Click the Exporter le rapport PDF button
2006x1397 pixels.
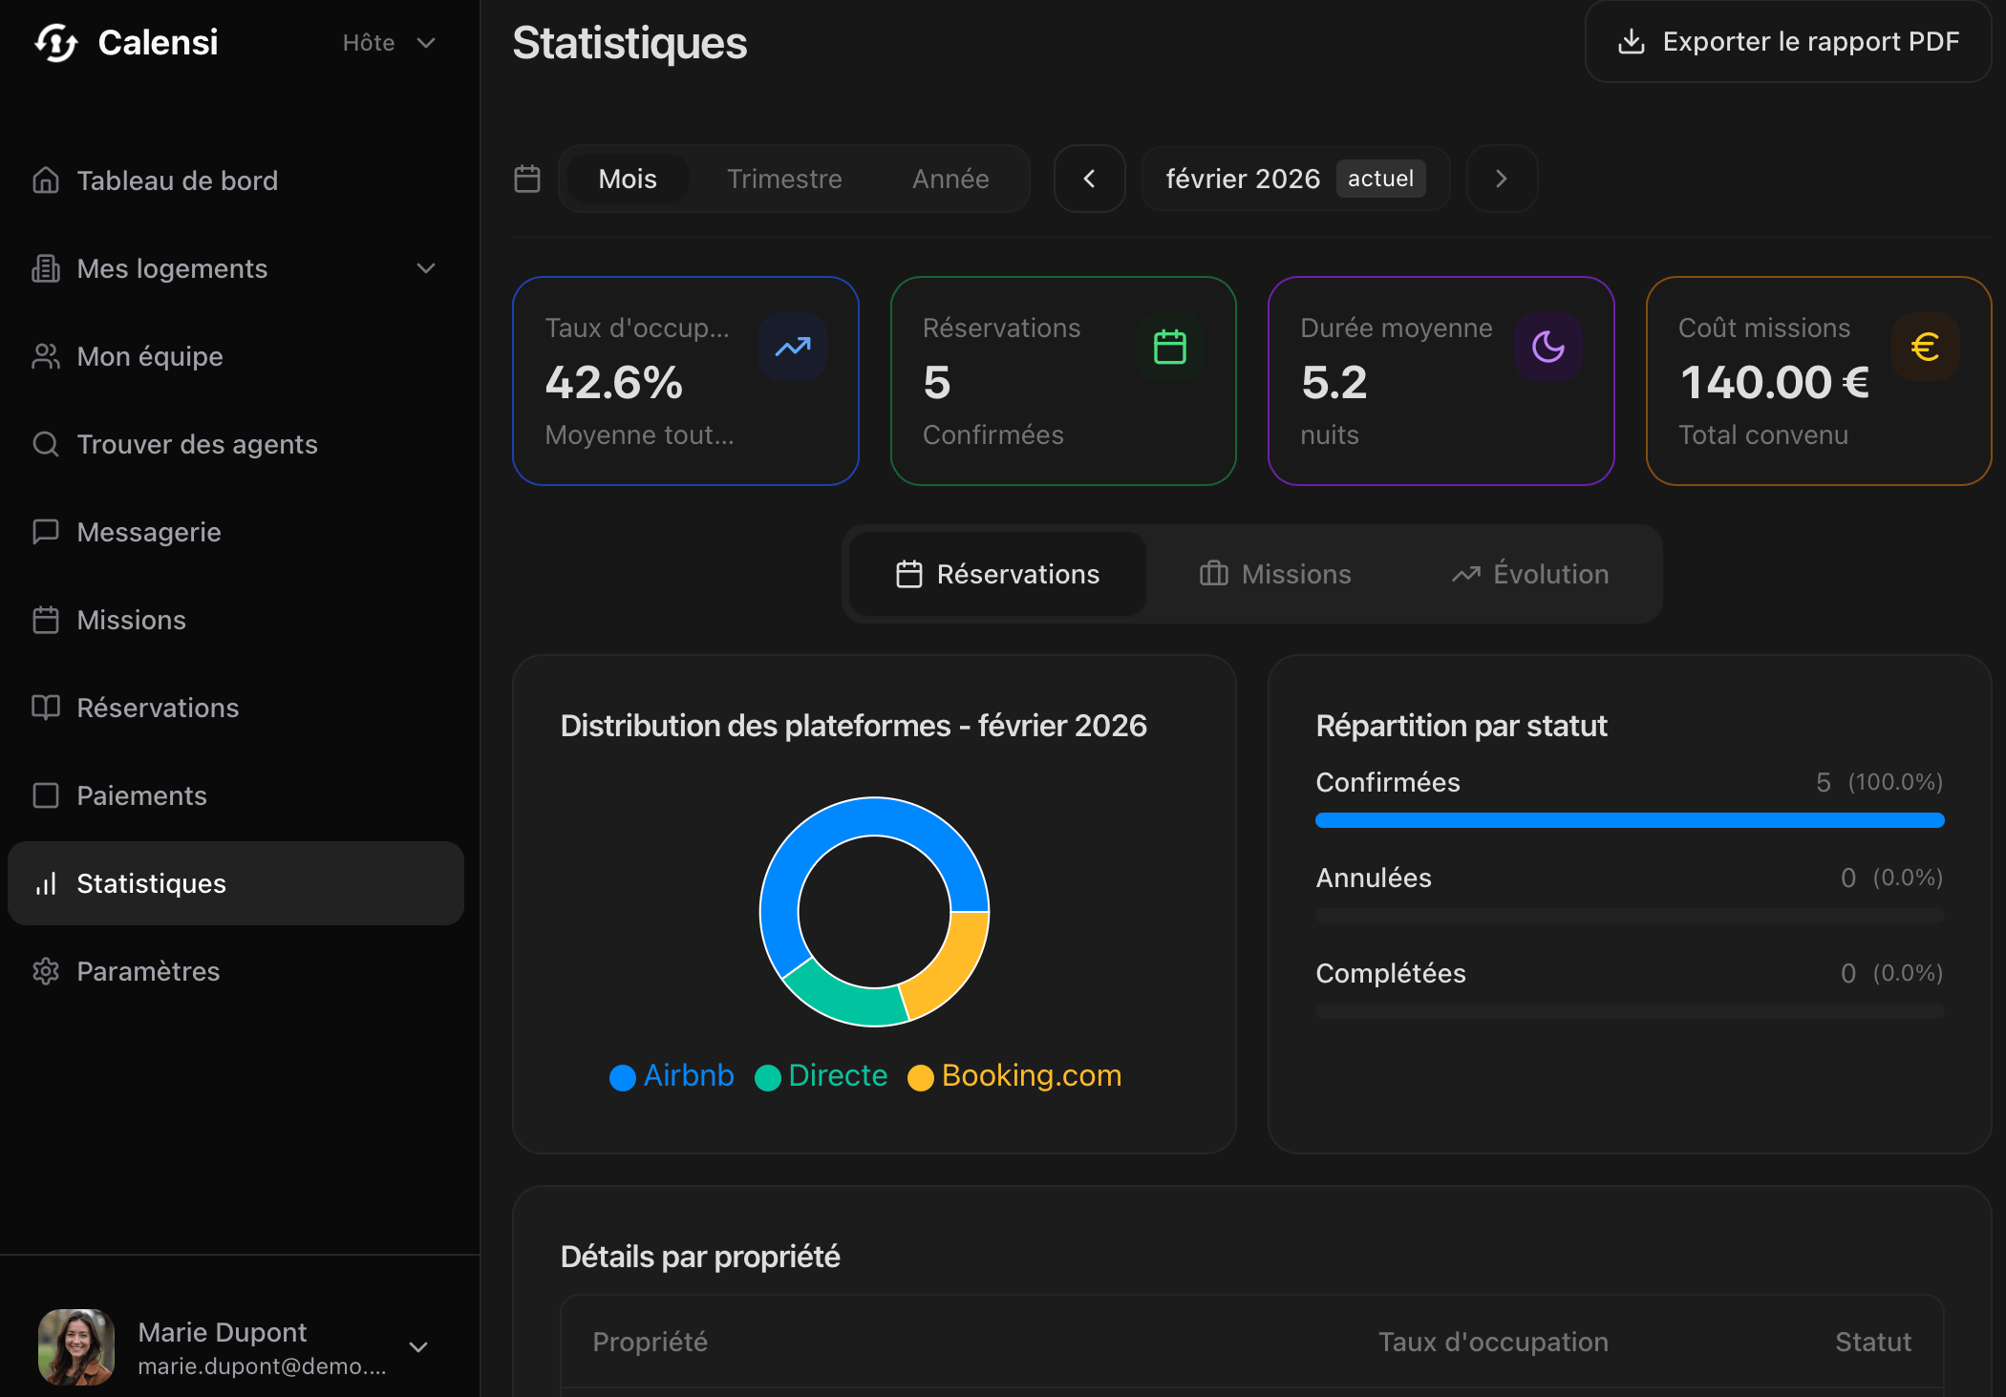click(1788, 42)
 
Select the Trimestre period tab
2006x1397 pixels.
click(784, 180)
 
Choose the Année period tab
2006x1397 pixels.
click(950, 180)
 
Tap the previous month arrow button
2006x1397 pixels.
click(1089, 179)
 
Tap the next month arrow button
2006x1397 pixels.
click(1502, 179)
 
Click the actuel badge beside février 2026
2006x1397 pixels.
click(1380, 179)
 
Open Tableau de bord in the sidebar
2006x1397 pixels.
click(177, 180)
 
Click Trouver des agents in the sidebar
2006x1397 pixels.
click(197, 444)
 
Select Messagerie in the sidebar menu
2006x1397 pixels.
click(149, 532)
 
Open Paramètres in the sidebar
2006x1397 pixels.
click(148, 971)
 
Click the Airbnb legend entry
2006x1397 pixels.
click(672, 1076)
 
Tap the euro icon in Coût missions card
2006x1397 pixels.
click(1925, 347)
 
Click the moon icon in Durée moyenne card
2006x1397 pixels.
click(1547, 347)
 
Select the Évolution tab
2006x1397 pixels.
click(1530, 574)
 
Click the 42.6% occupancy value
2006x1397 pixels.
click(614, 383)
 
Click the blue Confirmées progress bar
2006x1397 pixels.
click(1630, 820)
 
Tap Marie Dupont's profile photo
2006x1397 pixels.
click(76, 1346)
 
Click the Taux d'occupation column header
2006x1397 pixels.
click(1493, 1342)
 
